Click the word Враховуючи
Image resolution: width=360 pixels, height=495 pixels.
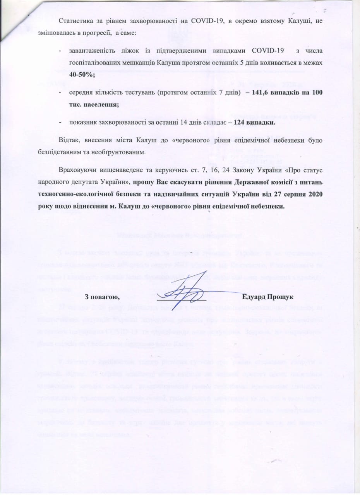click(x=77, y=171)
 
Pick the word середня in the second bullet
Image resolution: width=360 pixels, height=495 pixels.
click(x=81, y=93)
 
